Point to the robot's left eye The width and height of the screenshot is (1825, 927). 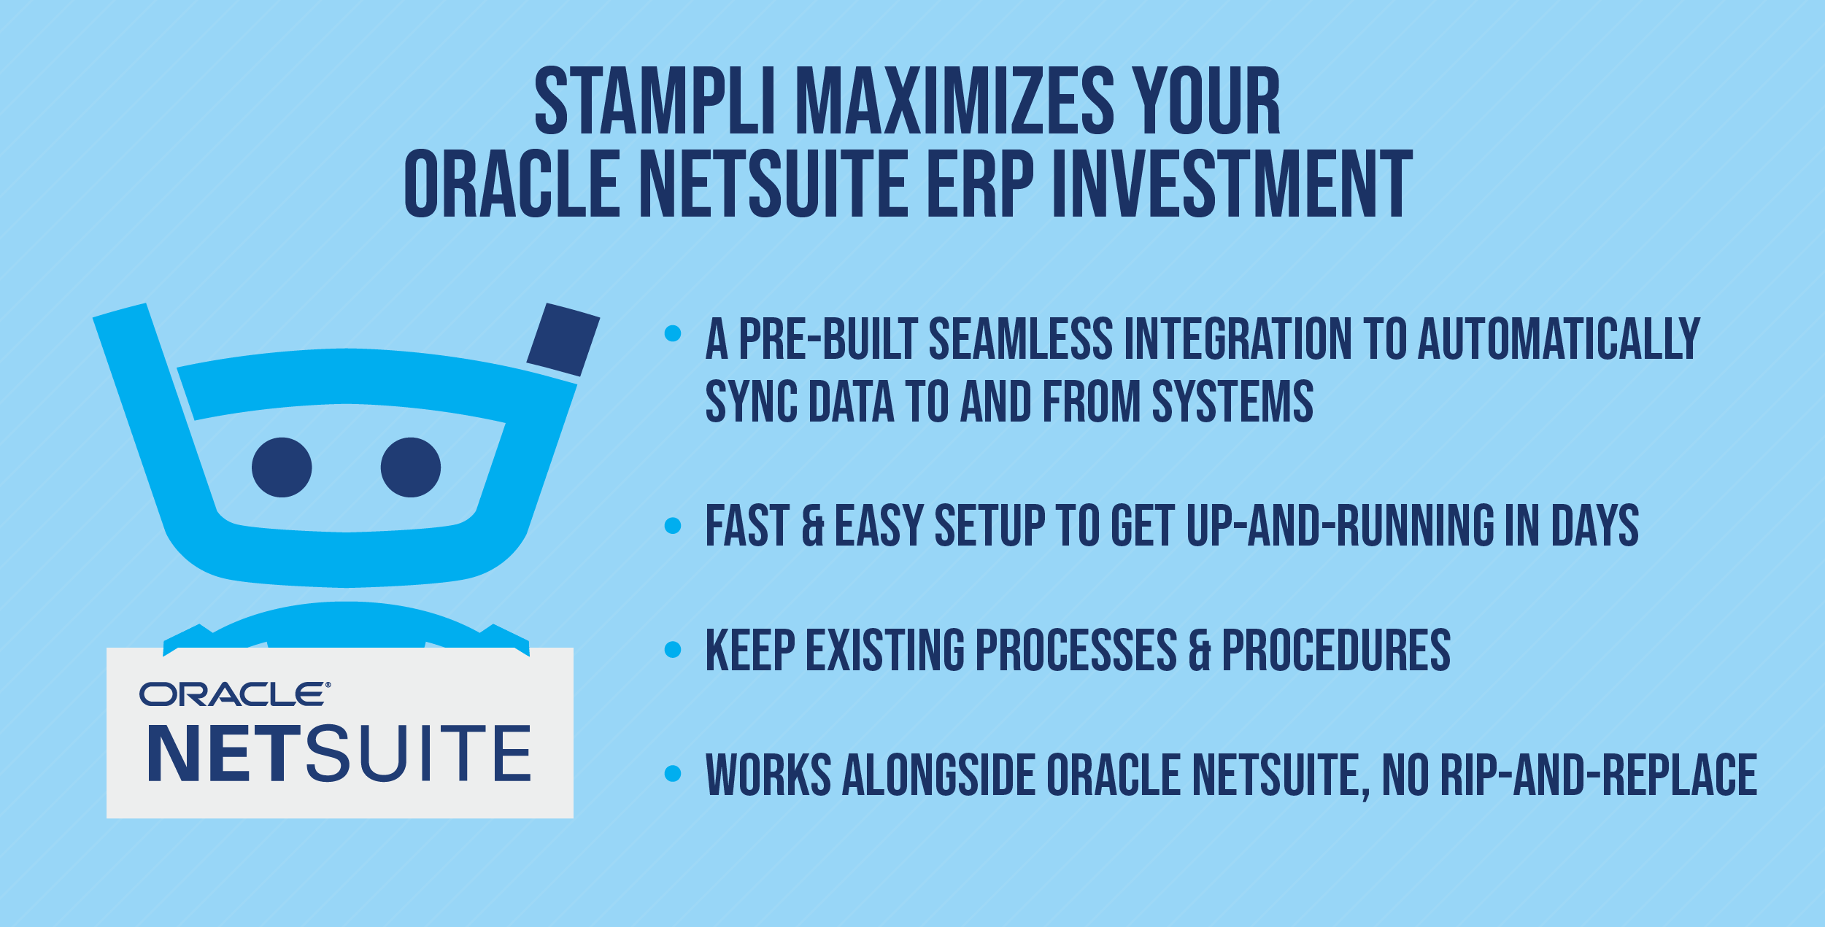[x=282, y=468]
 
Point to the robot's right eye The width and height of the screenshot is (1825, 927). [x=411, y=468]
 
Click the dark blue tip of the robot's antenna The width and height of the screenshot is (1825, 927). [x=563, y=340]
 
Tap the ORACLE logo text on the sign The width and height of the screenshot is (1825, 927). [x=234, y=694]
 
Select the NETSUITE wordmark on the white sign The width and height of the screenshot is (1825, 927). [x=339, y=754]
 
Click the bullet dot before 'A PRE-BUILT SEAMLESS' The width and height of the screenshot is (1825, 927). [x=673, y=334]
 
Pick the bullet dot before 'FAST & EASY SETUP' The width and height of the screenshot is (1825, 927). [x=673, y=525]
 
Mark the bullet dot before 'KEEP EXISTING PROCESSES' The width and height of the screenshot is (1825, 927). [x=673, y=649]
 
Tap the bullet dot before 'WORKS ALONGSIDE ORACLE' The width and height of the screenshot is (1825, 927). [x=673, y=773]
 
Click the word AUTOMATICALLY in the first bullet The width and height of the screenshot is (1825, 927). [x=1559, y=339]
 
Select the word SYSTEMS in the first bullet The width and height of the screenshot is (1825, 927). [x=1232, y=401]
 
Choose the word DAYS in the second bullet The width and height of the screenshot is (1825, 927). [x=1595, y=525]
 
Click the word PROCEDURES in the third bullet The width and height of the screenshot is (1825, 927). [x=1336, y=650]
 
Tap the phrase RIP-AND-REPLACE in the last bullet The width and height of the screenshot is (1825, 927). [x=1598, y=775]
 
